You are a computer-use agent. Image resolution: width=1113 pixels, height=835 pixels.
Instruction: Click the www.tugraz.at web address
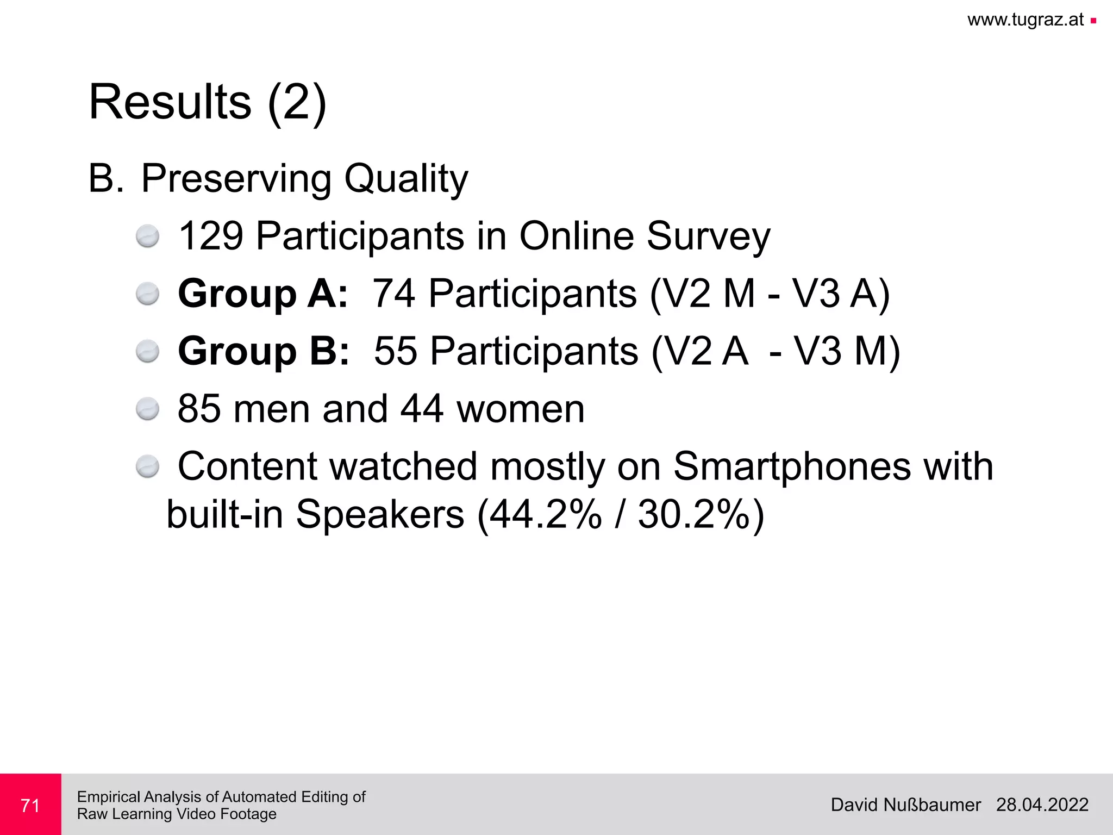[x=1025, y=20]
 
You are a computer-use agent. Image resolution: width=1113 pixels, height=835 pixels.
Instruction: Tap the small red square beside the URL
[x=1093, y=21]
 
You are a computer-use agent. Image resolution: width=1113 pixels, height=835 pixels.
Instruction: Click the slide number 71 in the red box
[x=30, y=805]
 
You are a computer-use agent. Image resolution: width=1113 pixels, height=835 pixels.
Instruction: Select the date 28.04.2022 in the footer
[x=1042, y=805]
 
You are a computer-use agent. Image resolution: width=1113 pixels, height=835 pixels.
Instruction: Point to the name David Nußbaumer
[x=905, y=805]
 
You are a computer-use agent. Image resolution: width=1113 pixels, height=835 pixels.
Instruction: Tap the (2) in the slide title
[x=297, y=103]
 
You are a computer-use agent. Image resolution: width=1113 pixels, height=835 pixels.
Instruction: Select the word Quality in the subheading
[x=406, y=179]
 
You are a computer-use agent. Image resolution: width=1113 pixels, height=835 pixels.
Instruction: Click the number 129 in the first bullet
[x=211, y=236]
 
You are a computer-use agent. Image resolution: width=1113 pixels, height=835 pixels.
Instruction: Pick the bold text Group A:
[x=263, y=294]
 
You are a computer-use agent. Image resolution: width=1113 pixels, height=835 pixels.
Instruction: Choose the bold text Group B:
[x=264, y=351]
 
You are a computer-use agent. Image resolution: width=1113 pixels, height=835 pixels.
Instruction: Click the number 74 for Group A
[x=394, y=294]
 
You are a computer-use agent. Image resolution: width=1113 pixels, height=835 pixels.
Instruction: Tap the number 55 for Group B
[x=396, y=351]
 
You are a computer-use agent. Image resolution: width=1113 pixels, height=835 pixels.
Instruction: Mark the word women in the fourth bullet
[x=520, y=409]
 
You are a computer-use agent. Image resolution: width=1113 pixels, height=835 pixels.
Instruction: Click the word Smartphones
[x=792, y=466]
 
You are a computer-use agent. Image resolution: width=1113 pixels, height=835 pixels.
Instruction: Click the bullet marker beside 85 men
[x=147, y=409]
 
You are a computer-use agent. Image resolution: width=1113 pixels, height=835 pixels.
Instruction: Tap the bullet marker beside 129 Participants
[x=147, y=236]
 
